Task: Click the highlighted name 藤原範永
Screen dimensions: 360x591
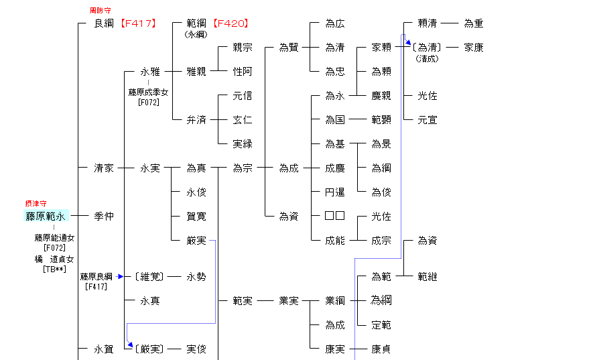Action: tap(46, 216)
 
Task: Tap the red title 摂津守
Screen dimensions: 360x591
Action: tap(36, 203)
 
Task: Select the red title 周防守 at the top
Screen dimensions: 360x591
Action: tap(101, 11)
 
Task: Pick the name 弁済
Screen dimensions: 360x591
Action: tap(196, 120)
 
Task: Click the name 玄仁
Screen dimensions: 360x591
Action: tap(243, 120)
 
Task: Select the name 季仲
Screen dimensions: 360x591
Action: tap(104, 216)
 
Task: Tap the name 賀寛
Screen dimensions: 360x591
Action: tap(196, 216)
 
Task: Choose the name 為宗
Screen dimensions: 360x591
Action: tap(243, 168)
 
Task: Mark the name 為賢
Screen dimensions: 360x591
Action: tap(289, 48)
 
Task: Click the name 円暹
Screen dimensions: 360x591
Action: tap(335, 192)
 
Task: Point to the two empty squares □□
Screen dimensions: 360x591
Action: tap(335, 216)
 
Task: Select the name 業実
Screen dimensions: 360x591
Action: tap(289, 301)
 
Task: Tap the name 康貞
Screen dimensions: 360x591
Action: tap(381, 349)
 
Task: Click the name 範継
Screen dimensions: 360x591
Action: tap(428, 276)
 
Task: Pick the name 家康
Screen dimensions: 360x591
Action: tap(474, 48)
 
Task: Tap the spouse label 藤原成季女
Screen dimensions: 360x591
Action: tap(148, 93)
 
